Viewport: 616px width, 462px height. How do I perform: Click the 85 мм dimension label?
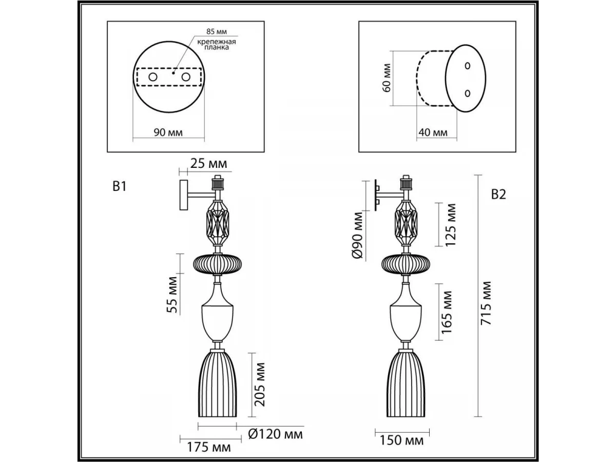[x=217, y=31]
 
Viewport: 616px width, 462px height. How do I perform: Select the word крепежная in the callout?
[x=217, y=42]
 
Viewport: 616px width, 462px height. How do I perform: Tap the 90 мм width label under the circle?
[x=168, y=132]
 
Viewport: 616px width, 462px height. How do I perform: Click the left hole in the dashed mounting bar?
[x=153, y=77]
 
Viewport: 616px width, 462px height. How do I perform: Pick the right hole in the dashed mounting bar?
[x=186, y=77]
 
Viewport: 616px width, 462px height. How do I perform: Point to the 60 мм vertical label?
[x=387, y=78]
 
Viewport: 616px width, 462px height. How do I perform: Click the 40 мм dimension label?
[x=433, y=132]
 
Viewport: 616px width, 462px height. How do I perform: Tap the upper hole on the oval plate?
[x=467, y=66]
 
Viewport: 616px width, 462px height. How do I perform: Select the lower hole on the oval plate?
[x=467, y=93]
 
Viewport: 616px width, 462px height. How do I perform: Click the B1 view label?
[x=119, y=186]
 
